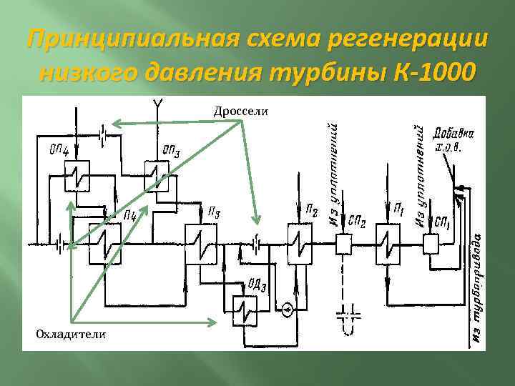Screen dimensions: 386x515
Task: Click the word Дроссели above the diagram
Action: click(240, 110)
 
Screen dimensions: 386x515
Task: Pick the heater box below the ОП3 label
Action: click(155, 175)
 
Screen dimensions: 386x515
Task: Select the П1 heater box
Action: click(389, 243)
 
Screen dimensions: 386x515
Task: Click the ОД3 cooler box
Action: click(247, 312)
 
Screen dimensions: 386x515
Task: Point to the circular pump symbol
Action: click(287, 310)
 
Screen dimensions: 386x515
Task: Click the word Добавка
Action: click(457, 134)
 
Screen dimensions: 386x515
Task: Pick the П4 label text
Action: click(130, 214)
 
